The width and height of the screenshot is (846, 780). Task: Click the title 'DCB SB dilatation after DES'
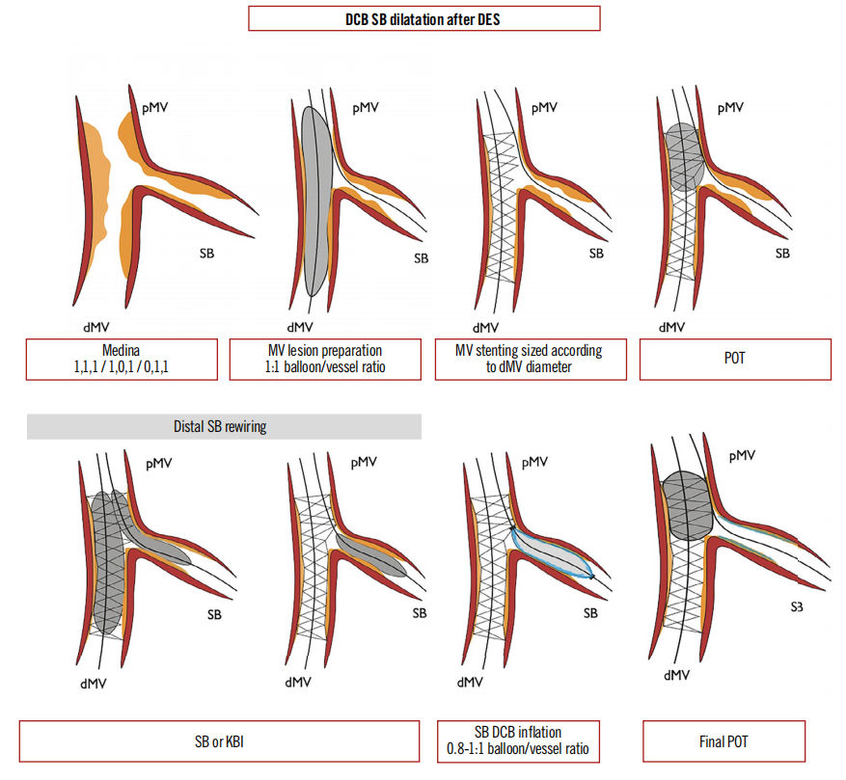tap(423, 18)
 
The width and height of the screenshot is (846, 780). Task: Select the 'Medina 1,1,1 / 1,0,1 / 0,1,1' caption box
tap(121, 360)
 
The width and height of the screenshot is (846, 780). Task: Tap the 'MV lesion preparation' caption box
tap(325, 360)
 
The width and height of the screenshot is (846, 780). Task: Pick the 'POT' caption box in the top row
tap(735, 360)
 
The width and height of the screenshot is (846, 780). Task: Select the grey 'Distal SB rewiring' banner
tap(224, 426)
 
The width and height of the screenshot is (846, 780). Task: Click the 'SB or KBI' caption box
tap(219, 741)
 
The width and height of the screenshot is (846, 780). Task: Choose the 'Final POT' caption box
tap(723, 741)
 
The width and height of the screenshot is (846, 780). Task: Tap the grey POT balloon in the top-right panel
tap(684, 155)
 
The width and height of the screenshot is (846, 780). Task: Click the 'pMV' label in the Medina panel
tap(153, 108)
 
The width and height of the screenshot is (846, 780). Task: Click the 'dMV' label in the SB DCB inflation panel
tap(470, 683)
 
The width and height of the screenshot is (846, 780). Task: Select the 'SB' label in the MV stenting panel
tap(596, 255)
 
